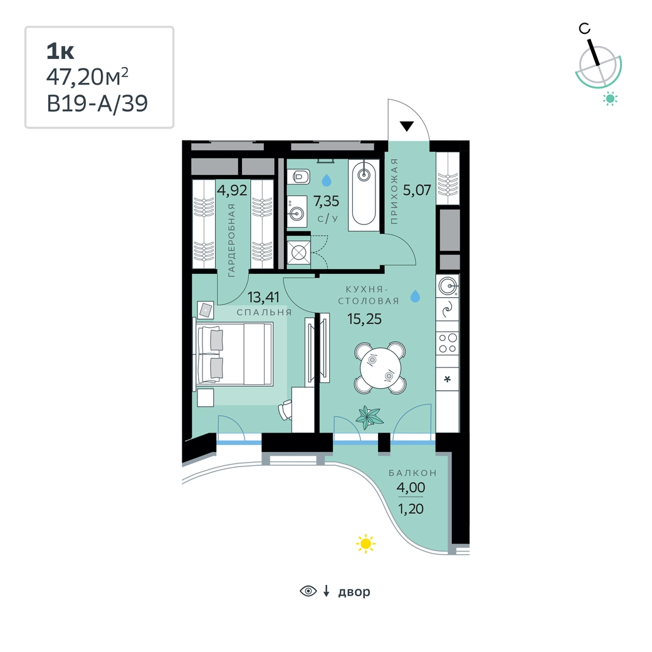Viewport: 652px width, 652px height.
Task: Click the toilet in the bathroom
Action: point(301,177)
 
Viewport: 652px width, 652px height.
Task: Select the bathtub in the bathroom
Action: point(364,194)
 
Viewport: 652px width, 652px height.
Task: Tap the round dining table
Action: point(381,367)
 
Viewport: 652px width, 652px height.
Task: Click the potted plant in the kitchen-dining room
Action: point(369,417)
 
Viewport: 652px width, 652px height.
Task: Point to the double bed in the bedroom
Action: point(234,354)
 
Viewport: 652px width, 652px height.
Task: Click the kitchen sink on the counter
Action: point(448,286)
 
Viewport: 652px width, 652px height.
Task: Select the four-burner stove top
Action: point(448,343)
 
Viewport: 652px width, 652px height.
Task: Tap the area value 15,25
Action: point(364,319)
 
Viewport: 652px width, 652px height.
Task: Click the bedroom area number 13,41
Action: point(263,297)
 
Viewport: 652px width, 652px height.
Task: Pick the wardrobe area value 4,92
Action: point(232,191)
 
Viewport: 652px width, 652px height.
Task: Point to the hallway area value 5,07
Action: point(417,190)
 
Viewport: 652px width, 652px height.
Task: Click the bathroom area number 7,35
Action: point(327,201)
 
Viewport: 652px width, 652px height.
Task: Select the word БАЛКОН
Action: point(413,473)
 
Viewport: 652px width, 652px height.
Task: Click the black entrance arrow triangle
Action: point(406,125)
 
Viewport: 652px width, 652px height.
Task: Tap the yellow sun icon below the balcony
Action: point(365,543)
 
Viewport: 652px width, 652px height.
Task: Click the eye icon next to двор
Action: point(308,591)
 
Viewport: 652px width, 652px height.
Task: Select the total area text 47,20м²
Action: point(87,77)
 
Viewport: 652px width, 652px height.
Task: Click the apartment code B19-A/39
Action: point(97,103)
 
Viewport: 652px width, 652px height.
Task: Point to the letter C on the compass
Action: point(585,28)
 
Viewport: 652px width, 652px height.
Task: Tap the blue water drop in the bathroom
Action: point(327,180)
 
